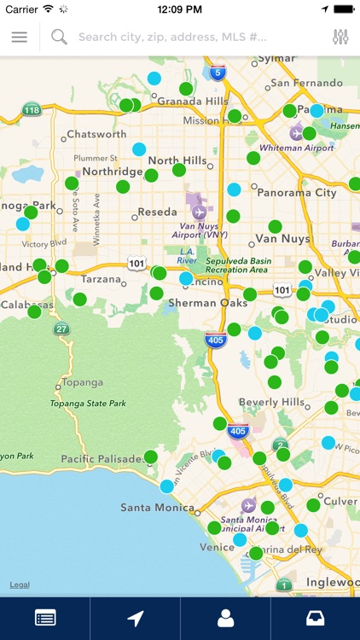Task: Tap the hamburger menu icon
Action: (x=19, y=38)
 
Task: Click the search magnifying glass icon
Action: (x=59, y=37)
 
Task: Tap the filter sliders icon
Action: (x=340, y=38)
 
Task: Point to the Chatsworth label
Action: (x=96, y=134)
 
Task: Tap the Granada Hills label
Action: (x=194, y=101)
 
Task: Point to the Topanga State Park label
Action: (x=88, y=403)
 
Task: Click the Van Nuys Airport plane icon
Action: (x=200, y=212)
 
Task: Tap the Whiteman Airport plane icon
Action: (x=296, y=133)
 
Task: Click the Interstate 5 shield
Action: (x=218, y=73)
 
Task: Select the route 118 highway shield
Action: (x=32, y=110)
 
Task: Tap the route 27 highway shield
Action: (x=61, y=329)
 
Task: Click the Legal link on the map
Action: (x=20, y=585)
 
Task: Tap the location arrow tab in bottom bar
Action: (x=135, y=619)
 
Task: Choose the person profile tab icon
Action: (x=225, y=619)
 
